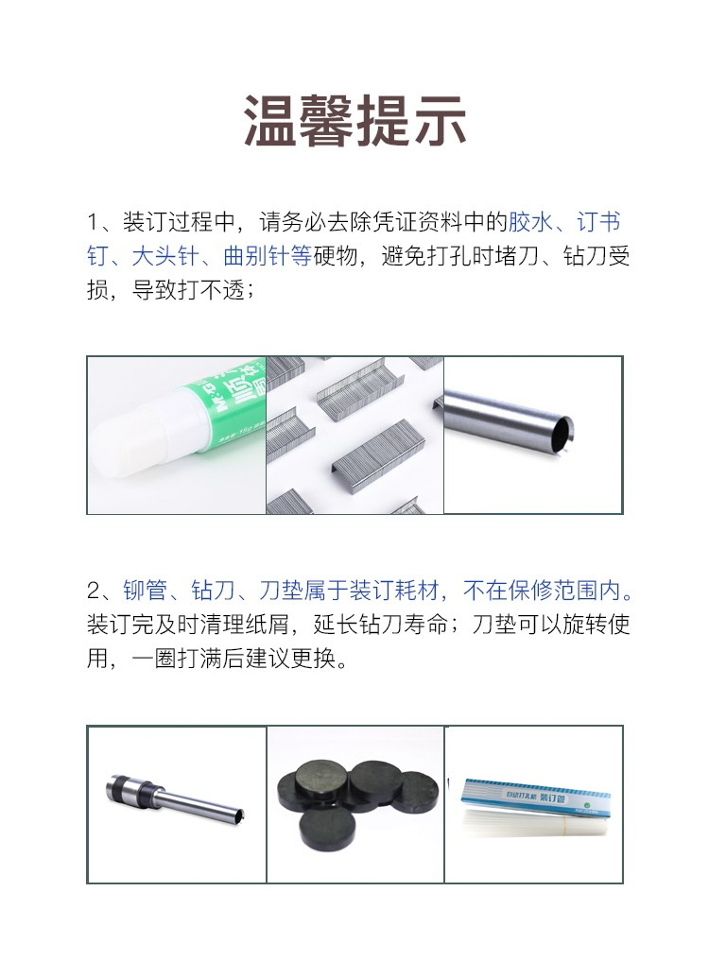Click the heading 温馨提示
pyautogui.click(x=354, y=121)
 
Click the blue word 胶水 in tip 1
pyautogui.click(x=530, y=222)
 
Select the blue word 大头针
pyautogui.click(x=164, y=255)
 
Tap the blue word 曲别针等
pyautogui.click(x=267, y=255)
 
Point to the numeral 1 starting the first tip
pyautogui.click(x=94, y=222)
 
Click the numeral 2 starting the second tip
pyautogui.click(x=94, y=591)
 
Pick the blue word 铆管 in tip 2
pyautogui.click(x=146, y=591)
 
